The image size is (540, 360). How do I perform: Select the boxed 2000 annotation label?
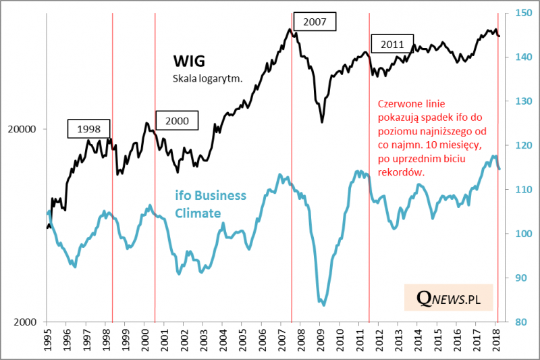point(178,121)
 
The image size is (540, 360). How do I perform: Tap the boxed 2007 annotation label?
point(315,22)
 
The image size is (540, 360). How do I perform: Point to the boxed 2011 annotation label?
point(391,45)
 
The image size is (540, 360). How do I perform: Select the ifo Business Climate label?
point(211,204)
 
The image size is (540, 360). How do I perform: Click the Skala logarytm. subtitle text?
point(207,78)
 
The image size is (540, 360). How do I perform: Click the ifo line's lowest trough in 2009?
point(324,305)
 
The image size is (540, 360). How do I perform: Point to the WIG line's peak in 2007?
point(290,29)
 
